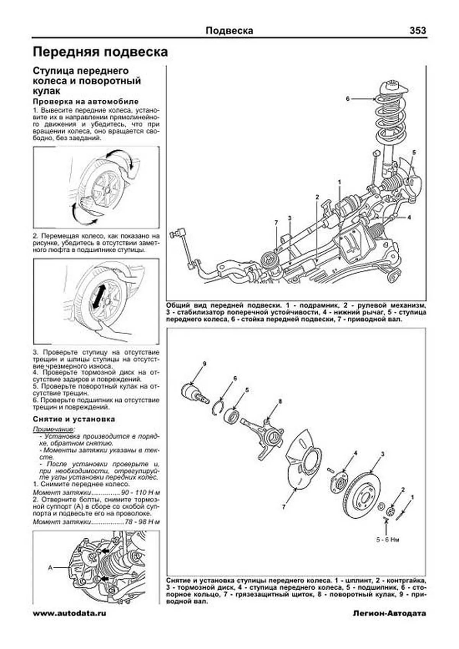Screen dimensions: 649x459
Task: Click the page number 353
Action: [x=417, y=31]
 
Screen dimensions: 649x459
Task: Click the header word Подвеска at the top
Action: [x=229, y=31]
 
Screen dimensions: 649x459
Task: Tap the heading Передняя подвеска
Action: [x=100, y=52]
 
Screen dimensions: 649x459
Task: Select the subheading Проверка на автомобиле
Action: [x=86, y=102]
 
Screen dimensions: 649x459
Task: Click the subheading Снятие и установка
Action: [x=74, y=419]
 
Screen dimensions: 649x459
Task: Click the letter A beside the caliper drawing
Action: [x=50, y=568]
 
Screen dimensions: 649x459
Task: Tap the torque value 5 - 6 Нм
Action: [x=387, y=540]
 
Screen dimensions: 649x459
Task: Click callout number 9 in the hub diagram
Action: [x=204, y=364]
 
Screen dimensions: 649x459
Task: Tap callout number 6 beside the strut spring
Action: [x=348, y=99]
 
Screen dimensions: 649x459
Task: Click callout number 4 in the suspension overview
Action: [x=409, y=218]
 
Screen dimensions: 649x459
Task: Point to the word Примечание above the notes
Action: [x=54, y=429]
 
